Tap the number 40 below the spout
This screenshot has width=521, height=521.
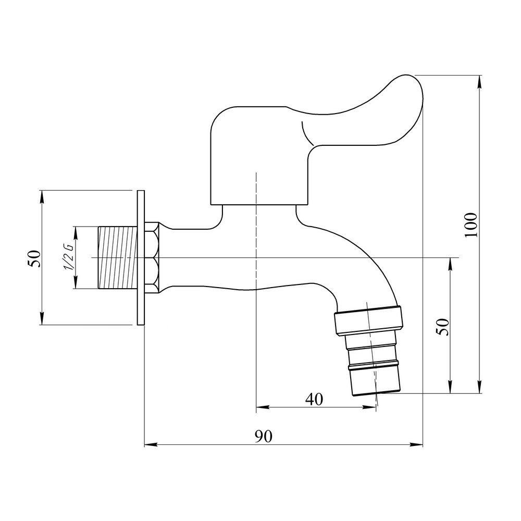(x=314, y=399)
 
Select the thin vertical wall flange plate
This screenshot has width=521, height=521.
(x=141, y=258)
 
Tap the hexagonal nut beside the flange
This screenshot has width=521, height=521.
(x=152, y=257)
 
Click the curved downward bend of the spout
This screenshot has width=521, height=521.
(x=365, y=260)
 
